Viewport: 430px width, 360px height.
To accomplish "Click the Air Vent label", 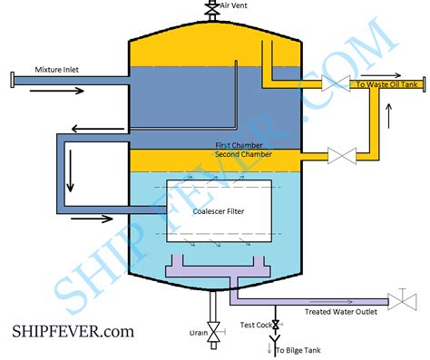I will (x=235, y=5).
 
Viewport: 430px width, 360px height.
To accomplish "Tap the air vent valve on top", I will (x=211, y=8).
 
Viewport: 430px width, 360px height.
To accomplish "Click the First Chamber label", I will (x=241, y=145).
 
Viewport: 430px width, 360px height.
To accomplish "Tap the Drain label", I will (x=198, y=333).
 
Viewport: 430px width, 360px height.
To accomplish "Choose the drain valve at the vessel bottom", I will (x=213, y=332).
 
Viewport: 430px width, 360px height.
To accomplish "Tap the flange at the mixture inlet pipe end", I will (x=9, y=82).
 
